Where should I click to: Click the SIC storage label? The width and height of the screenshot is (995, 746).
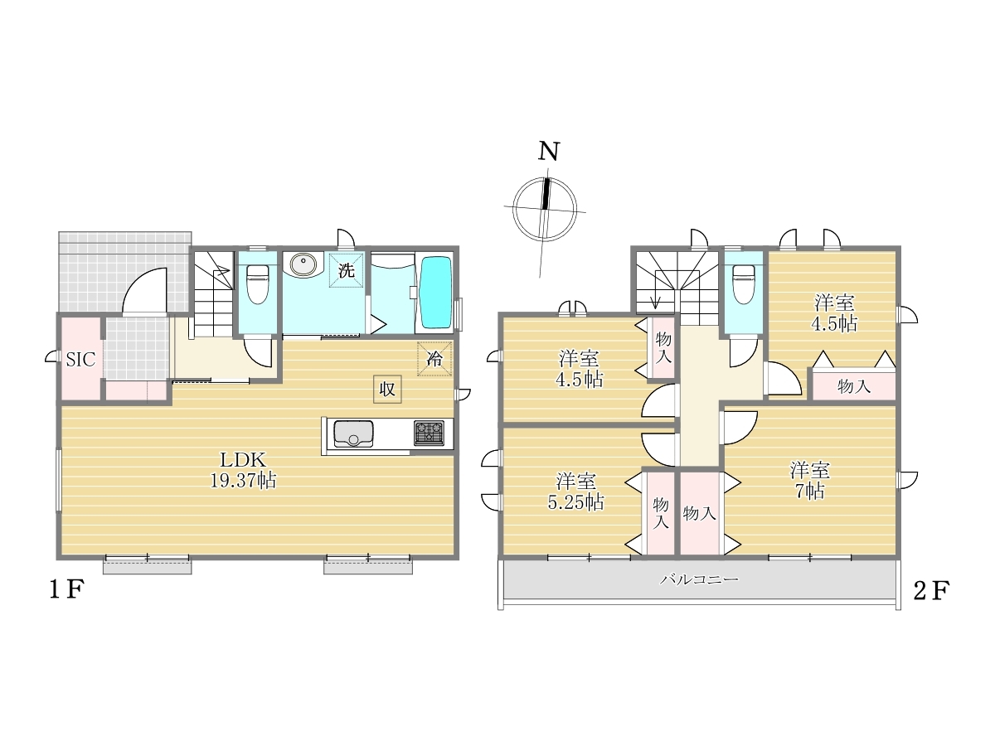(80, 360)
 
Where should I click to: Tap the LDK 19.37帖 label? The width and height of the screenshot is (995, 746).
(243, 470)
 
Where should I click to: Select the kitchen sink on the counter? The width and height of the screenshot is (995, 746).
(353, 434)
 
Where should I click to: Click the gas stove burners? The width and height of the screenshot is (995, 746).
(429, 433)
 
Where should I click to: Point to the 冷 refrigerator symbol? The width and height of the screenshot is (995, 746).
(434, 359)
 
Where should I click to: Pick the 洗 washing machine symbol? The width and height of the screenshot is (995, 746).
(347, 270)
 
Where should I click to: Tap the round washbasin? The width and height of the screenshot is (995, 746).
(303, 264)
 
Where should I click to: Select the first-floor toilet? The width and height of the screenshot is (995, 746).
(258, 283)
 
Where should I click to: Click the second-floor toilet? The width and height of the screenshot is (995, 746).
(744, 283)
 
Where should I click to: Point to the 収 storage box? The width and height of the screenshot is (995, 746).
(387, 389)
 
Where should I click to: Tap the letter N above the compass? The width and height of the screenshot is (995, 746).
(549, 152)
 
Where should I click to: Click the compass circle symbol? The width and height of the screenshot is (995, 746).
(545, 210)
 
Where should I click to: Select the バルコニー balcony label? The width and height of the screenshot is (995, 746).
(699, 579)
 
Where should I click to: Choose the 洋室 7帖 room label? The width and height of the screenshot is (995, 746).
(809, 481)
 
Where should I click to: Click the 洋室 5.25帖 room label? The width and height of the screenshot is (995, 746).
(575, 492)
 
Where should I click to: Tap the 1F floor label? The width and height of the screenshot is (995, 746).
(66, 590)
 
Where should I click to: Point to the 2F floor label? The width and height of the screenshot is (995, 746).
(931, 591)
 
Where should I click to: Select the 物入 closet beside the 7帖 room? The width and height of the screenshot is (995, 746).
(700, 513)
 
